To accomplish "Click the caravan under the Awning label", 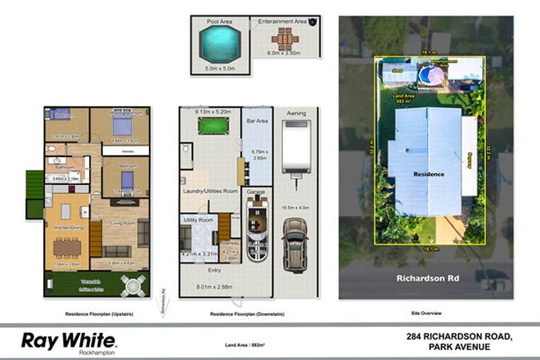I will pyautogui.click(x=295, y=147).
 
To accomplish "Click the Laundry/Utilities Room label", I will pyautogui.click(x=209, y=191).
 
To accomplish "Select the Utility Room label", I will pyautogui.click(x=197, y=220).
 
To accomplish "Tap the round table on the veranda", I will pyautogui.click(x=133, y=286).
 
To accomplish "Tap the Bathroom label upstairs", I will pyautogui.click(x=63, y=166).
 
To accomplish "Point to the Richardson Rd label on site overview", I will pyautogui.click(x=421, y=278).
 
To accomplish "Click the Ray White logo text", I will pyautogui.click(x=69, y=339).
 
